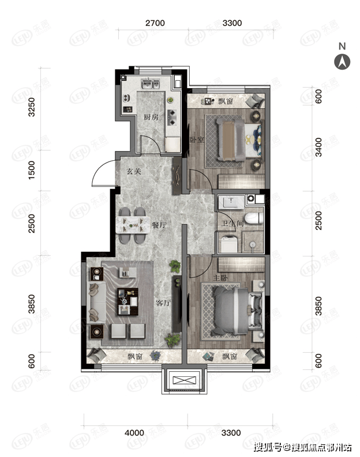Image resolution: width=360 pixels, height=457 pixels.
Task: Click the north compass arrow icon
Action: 342,62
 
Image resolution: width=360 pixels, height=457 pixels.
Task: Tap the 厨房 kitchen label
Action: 151,117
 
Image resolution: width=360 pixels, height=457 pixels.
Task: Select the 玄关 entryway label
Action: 134,171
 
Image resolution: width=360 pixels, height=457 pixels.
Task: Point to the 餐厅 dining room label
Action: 159,225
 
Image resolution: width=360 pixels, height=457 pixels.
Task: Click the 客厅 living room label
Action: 163,303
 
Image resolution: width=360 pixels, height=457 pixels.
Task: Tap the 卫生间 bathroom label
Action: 232,224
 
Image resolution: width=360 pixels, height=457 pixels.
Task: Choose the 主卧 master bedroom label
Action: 220,278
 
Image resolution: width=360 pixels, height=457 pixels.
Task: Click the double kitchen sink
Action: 151,84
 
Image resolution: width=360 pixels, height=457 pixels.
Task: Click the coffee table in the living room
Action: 127,301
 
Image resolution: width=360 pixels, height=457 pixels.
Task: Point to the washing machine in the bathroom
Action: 228,245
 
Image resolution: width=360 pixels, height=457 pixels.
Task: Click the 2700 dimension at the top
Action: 155,23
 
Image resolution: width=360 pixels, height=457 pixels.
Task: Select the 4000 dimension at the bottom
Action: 134,433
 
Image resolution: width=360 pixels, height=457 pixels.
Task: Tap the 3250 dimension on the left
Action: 31,107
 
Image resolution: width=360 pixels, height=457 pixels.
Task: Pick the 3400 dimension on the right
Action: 318,147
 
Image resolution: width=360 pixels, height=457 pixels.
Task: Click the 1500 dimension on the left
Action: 31,170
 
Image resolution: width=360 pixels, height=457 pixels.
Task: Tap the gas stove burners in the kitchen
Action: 172,117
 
